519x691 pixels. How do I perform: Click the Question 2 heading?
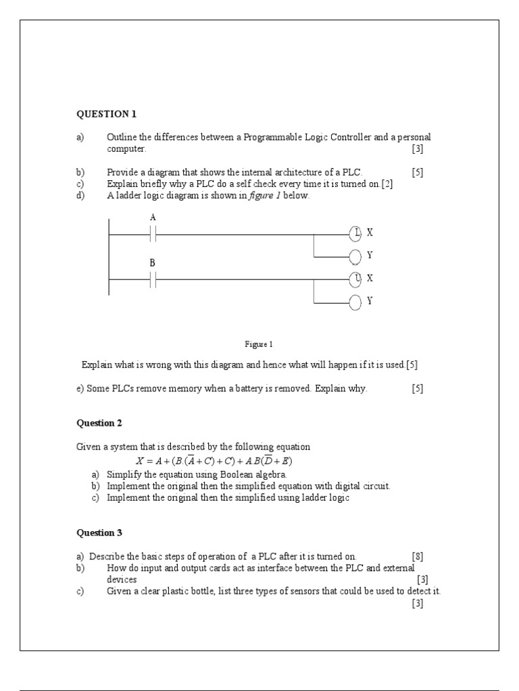pyautogui.click(x=99, y=423)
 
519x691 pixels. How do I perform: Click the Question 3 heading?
pyautogui.click(x=99, y=532)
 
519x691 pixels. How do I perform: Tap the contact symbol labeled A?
pyautogui.click(x=153, y=233)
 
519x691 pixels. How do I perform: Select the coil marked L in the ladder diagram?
pyautogui.click(x=356, y=233)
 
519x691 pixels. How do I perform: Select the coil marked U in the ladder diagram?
pyautogui.click(x=356, y=279)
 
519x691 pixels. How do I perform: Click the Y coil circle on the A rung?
pyautogui.click(x=356, y=256)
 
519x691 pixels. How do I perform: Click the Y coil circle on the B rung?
pyautogui.click(x=356, y=302)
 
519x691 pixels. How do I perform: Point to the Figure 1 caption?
pyautogui.click(x=259, y=344)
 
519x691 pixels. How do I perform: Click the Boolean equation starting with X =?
pyautogui.click(x=214, y=462)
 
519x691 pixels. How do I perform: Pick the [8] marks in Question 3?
pyautogui.click(x=418, y=557)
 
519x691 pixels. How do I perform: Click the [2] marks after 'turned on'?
pyautogui.click(x=387, y=184)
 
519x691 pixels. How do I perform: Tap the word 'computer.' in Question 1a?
pyautogui.click(x=126, y=149)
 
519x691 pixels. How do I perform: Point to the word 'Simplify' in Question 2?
pyautogui.click(x=122, y=474)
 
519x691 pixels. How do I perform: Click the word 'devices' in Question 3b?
pyautogui.click(x=122, y=580)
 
